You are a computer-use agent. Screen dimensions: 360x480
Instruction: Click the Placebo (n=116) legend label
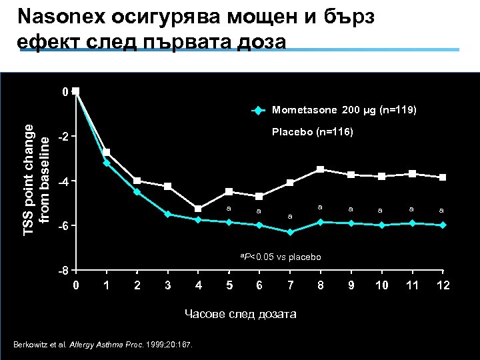click(x=313, y=132)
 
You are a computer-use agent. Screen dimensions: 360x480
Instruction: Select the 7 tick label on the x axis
click(x=289, y=286)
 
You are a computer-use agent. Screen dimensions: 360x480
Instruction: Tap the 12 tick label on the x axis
click(x=442, y=286)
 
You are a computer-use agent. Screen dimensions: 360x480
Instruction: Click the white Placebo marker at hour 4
click(x=198, y=209)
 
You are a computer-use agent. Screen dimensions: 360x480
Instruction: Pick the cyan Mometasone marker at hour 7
click(x=289, y=232)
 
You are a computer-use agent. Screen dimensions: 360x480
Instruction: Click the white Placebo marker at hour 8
click(x=320, y=169)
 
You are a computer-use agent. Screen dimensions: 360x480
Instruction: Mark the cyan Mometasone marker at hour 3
click(x=167, y=214)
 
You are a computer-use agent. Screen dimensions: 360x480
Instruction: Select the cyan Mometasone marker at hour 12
click(x=442, y=225)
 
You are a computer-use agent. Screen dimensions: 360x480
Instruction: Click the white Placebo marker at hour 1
click(x=106, y=152)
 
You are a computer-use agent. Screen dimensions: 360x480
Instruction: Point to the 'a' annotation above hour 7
click(x=289, y=216)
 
